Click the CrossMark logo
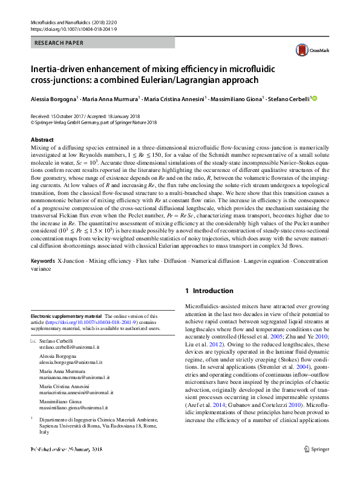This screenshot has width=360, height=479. coord(309,51)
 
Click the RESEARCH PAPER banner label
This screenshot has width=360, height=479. coord(59,43)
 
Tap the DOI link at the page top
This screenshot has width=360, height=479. coord(73,28)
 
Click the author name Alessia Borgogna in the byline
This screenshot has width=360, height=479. coord(53,99)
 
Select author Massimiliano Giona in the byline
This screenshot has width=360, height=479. coord(236,99)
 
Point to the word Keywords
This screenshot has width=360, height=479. coord(42,260)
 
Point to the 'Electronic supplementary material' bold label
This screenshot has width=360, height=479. coord(66,316)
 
